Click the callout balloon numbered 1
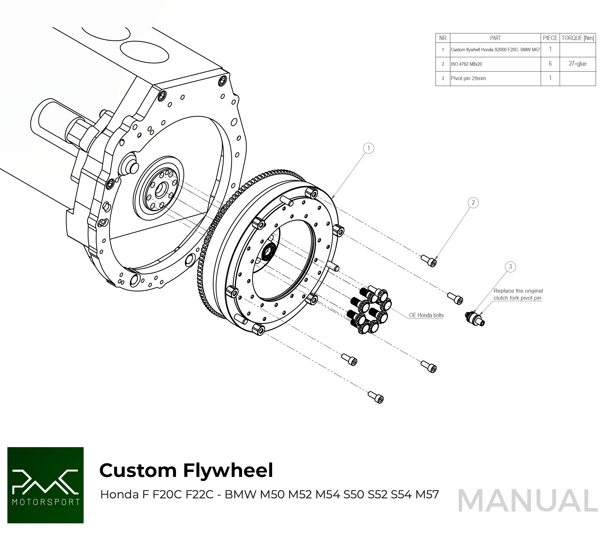[369, 148]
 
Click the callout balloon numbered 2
[473, 203]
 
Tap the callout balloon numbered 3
[510, 267]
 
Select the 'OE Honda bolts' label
[426, 315]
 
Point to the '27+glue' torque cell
[578, 64]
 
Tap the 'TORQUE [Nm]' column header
[578, 38]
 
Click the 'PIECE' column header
[550, 38]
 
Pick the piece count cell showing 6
[550, 64]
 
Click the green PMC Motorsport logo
[46, 485]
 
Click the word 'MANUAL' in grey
[528, 501]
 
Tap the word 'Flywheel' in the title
[228, 471]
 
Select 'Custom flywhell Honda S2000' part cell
[495, 50]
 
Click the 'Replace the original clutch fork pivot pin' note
[518, 294]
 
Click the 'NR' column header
[443, 38]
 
